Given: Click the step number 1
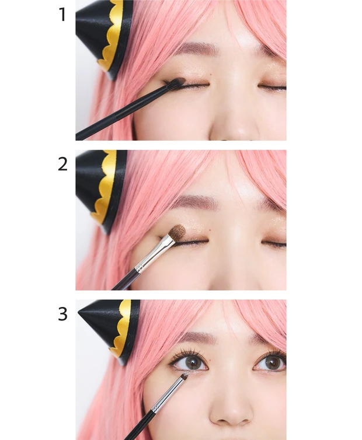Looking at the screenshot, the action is pyautogui.click(x=62, y=15).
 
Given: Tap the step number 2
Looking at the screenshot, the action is pyautogui.click(x=62, y=164).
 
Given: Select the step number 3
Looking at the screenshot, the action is pyautogui.click(x=62, y=314).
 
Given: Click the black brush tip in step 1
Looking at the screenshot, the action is pyautogui.click(x=177, y=82).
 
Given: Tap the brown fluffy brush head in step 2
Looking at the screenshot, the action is pyautogui.click(x=177, y=232).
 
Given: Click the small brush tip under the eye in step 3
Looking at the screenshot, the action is pyautogui.click(x=185, y=375).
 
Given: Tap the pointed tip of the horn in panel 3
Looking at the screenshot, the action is pyautogui.click(x=79, y=312).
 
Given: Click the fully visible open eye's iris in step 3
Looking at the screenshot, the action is pyautogui.click(x=194, y=364).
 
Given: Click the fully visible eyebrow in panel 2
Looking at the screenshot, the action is pyautogui.click(x=194, y=201).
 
